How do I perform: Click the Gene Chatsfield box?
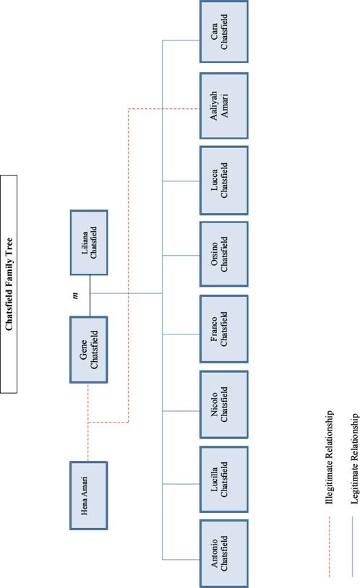coord(89,350)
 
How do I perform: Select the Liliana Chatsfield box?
coord(89,243)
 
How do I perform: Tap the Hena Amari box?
coord(89,496)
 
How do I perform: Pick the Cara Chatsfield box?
coord(224,32)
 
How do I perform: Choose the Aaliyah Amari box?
coord(224,105)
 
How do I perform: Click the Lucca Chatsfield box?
coord(224,181)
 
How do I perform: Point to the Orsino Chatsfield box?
coord(224,254)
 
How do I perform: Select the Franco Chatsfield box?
coord(224,329)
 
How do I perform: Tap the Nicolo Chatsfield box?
coord(224,405)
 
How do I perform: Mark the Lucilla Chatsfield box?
coord(224,479)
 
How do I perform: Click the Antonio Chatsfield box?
coord(224,553)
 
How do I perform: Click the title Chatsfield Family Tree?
coord(9,284)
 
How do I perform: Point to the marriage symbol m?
coord(75,296)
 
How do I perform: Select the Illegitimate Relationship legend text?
coord(329,457)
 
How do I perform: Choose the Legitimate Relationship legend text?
coord(355,459)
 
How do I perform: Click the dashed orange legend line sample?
coord(329,547)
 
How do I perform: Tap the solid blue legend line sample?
coord(353,547)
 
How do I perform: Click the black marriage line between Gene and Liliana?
coord(90,296)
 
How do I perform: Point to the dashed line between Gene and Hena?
coord(88,422)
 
